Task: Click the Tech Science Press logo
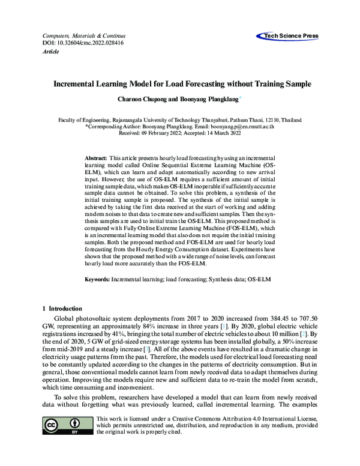click(289, 37)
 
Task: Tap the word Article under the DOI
click(50, 52)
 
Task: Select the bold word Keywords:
click(98, 279)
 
